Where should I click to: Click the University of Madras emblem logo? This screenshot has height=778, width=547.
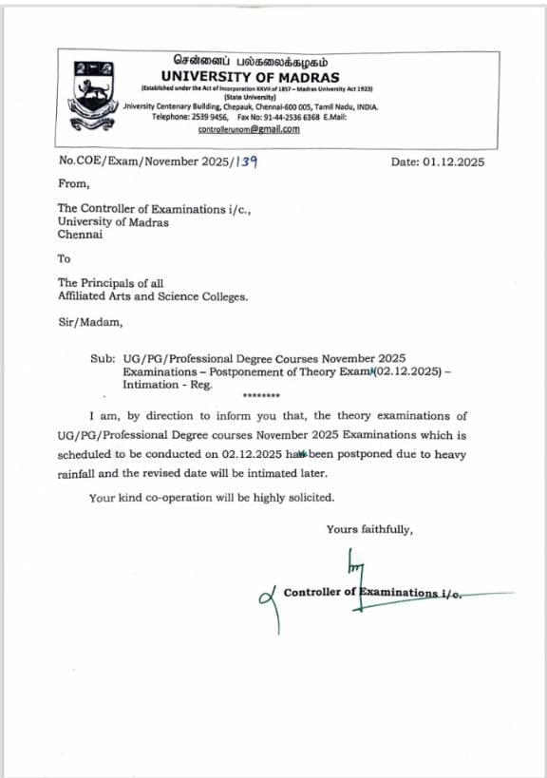(93, 90)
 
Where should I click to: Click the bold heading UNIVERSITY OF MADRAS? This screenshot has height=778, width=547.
(250, 76)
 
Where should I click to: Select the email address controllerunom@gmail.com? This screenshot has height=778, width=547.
(249, 128)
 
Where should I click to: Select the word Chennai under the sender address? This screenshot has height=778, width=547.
(80, 234)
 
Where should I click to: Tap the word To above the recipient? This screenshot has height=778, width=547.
(65, 258)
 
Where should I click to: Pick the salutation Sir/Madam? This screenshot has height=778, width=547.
(90, 322)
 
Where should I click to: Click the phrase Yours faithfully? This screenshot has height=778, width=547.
(369, 529)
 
